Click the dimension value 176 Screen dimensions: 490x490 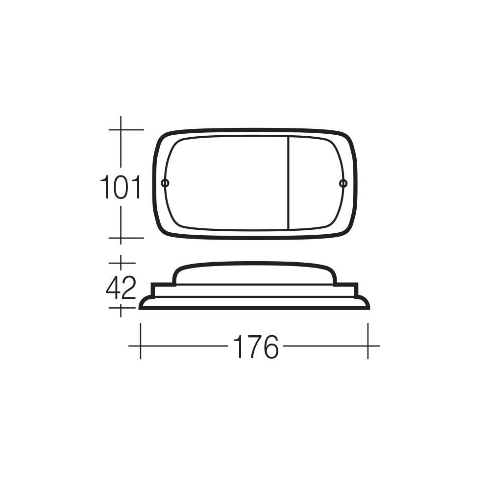255,346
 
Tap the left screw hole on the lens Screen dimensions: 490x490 165,183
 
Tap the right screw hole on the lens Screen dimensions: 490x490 343,183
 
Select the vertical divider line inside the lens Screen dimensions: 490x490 288,183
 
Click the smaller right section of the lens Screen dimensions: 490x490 314,183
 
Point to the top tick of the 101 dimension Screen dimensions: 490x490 121,129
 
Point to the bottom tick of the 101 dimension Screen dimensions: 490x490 121,238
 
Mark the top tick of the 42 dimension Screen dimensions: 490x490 121,263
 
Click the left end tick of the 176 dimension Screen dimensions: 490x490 141,346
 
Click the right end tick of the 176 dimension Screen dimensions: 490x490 368,346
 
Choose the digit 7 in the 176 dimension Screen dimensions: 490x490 255,346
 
